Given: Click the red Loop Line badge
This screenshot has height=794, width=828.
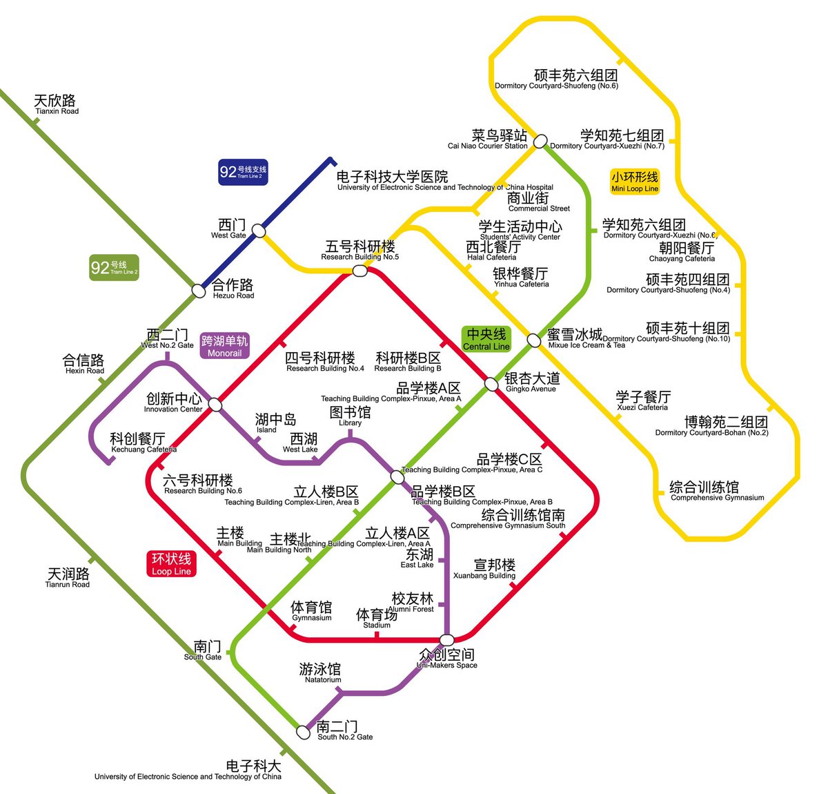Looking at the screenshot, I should pos(171,563).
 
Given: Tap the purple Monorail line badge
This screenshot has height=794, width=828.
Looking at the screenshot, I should pos(224,346).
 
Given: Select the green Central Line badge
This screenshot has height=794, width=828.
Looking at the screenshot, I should pos(486,339).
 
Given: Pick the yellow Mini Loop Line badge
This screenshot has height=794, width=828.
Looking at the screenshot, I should pos(635,182).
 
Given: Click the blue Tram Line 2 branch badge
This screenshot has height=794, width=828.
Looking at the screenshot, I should pos(243,172).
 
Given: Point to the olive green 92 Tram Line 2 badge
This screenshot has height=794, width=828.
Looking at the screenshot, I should pos(114,268).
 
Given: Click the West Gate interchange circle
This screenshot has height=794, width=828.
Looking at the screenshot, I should pos(259,231).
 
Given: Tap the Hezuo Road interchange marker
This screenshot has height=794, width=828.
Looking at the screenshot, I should pos(199,291).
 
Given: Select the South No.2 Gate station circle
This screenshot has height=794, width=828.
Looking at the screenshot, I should pos(303,732).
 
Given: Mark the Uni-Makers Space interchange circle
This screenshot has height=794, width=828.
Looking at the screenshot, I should pos(446,640).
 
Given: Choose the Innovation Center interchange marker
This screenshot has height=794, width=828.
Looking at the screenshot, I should pos(215,405).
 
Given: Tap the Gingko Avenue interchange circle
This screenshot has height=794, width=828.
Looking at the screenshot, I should pos(491,384).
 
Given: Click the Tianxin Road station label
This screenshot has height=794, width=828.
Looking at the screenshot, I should pos(56,104).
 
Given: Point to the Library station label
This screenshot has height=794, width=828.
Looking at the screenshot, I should pos(350,416).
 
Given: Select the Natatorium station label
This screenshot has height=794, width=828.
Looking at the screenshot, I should pos(321,672).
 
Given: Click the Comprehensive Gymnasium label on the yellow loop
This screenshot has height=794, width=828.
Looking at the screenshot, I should pos(716,491).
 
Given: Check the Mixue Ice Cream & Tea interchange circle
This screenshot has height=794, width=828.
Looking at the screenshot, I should pos(533,340).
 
